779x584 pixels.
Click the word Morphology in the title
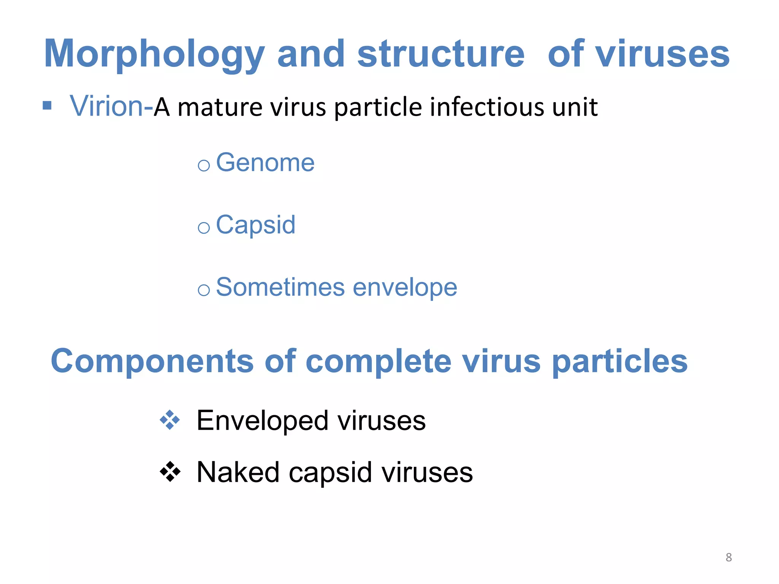pyautogui.click(x=154, y=54)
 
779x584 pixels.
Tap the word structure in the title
pyautogui.click(x=441, y=54)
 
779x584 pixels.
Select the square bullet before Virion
pyautogui.click(x=47, y=105)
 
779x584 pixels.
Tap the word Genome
pyautogui.click(x=265, y=162)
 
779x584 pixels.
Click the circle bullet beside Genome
pyautogui.click(x=204, y=165)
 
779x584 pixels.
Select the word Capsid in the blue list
pyautogui.click(x=256, y=225)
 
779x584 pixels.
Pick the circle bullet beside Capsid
pyautogui.click(x=204, y=228)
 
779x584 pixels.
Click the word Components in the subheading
pyautogui.click(x=152, y=361)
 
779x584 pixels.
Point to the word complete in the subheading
pyautogui.click(x=378, y=361)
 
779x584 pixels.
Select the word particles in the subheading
pyautogui.click(x=620, y=361)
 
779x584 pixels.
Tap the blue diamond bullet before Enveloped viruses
pyautogui.click(x=170, y=420)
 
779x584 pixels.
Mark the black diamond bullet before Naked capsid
pyautogui.click(x=170, y=472)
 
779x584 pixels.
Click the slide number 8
pyautogui.click(x=728, y=557)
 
